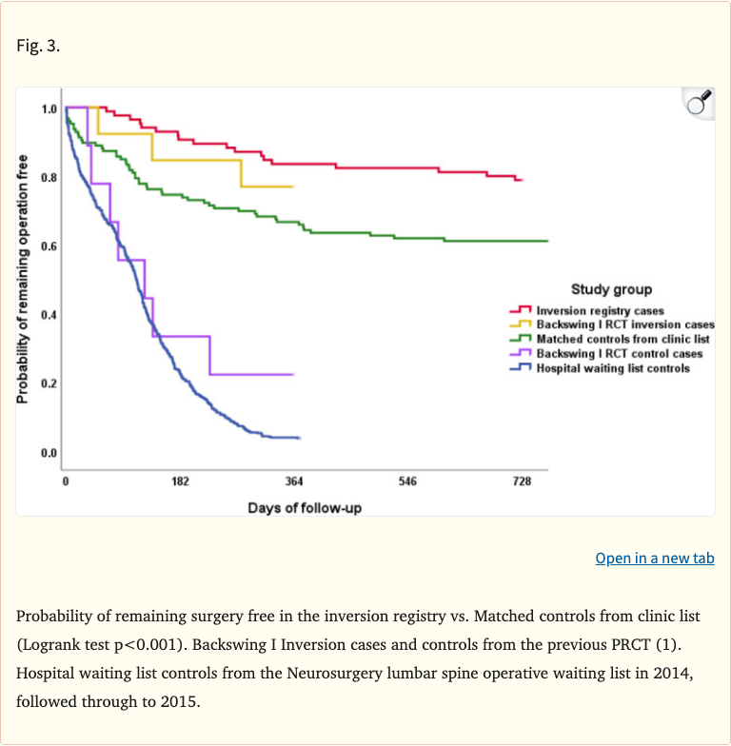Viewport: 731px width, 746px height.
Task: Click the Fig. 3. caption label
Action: pos(38,45)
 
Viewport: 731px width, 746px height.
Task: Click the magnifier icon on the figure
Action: pos(699,104)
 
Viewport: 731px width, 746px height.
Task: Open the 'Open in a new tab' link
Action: pos(654,559)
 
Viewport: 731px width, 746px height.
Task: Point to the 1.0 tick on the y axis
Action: pos(49,109)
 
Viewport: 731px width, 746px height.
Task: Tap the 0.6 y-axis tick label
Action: pos(49,246)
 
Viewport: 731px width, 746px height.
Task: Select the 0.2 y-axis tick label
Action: pos(49,383)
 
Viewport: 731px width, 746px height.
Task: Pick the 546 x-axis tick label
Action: pos(407,482)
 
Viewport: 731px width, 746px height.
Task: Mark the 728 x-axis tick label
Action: pos(522,482)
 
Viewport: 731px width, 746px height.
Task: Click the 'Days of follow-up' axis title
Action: pos(305,508)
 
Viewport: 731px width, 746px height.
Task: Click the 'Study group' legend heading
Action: pos(611,289)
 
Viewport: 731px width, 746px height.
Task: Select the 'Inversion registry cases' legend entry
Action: pos(600,310)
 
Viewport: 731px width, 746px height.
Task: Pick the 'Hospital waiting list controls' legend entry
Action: pos(613,367)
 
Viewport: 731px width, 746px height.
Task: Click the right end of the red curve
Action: pos(522,180)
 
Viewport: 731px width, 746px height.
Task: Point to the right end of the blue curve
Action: pos(300,438)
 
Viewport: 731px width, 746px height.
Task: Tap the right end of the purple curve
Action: pos(292,374)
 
